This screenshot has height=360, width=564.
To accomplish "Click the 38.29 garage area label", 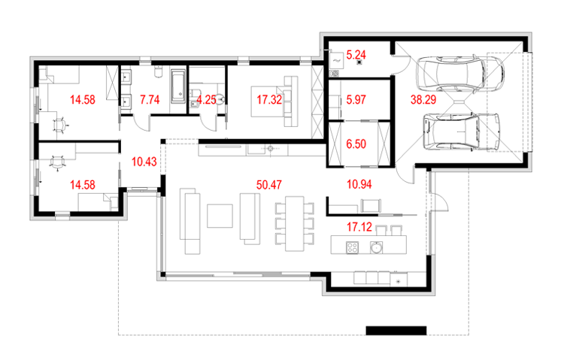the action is click(423, 100).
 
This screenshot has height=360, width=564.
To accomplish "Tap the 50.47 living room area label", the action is click(269, 185).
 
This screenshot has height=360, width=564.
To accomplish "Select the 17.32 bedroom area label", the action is click(269, 100).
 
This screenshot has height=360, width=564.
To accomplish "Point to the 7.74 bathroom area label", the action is click(150, 100).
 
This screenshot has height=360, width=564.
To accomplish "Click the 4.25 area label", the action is click(206, 100).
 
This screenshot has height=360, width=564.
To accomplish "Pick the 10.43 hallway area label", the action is click(144, 162).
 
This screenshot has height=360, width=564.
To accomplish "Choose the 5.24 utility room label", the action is click(356, 55).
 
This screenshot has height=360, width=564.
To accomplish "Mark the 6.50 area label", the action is click(356, 144).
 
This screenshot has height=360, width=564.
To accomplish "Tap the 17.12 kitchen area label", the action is click(359, 227).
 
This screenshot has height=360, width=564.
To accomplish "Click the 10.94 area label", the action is click(359, 184).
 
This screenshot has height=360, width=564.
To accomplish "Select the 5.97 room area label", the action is click(356, 100).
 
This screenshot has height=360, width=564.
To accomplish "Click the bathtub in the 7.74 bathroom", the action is click(178, 86).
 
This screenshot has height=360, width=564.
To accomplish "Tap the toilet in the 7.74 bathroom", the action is click(159, 71).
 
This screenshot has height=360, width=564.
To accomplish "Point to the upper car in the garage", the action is click(459, 74).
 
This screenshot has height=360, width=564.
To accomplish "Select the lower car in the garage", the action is click(462, 132).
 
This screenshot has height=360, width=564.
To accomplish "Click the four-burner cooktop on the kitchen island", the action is click(352, 247).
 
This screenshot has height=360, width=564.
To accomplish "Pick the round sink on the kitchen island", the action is click(376, 247).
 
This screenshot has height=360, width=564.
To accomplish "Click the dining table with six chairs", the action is click(295, 223).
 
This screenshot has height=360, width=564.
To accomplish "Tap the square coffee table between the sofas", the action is click(220, 216).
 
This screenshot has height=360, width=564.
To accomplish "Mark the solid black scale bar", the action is click(396, 331).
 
